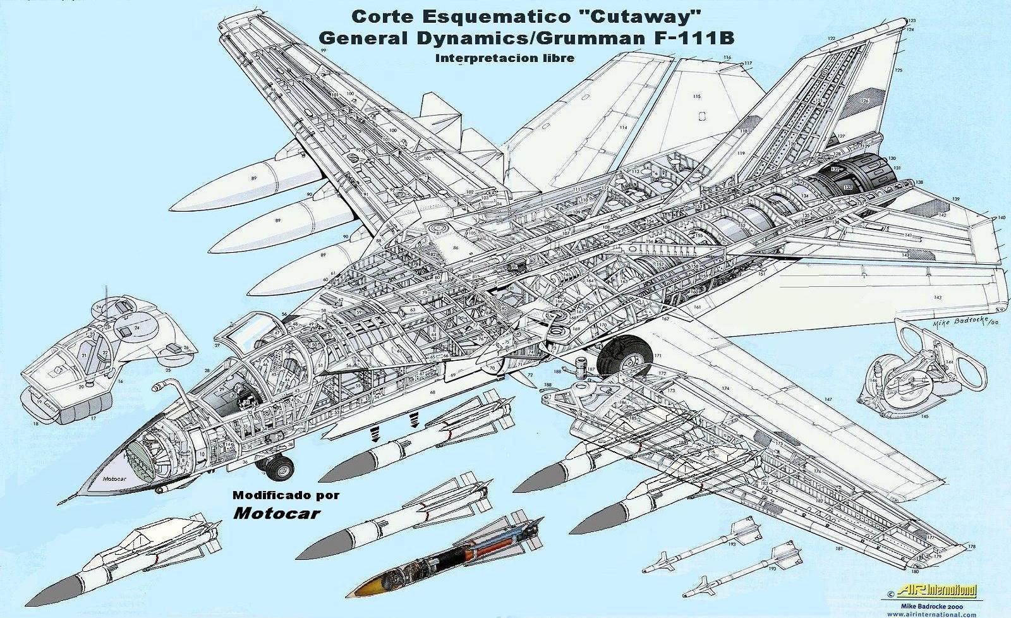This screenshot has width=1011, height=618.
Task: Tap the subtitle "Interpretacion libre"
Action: [504, 58]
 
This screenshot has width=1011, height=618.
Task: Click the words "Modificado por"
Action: [286, 495]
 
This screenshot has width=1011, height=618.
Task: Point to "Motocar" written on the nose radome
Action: [114, 478]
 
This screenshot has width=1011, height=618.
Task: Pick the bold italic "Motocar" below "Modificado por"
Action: [276, 512]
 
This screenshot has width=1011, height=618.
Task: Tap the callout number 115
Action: [696, 97]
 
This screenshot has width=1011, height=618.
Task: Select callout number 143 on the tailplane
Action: [938, 297]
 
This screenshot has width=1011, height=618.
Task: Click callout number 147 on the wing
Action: [827, 399]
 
